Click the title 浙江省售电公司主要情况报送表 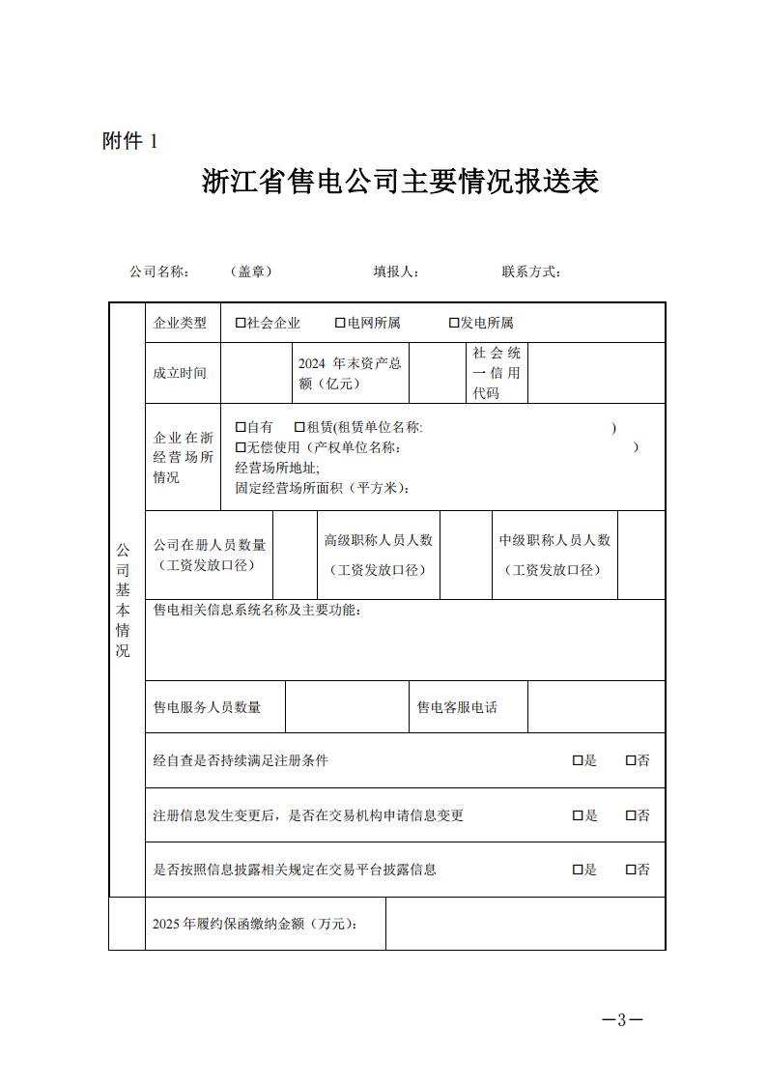tap(400, 182)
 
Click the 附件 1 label tap(129, 141)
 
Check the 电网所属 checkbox tap(341, 323)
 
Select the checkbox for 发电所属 tap(454, 323)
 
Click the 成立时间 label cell tap(180, 373)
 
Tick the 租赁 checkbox tap(300, 427)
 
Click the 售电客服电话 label tap(457, 707)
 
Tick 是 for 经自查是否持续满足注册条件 tap(578, 761)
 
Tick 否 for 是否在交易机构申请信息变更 tap(631, 815)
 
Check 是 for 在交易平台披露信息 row tap(578, 870)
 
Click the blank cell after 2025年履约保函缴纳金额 tap(525, 924)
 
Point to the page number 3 tap(622, 1020)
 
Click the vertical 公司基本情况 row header tap(124, 599)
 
